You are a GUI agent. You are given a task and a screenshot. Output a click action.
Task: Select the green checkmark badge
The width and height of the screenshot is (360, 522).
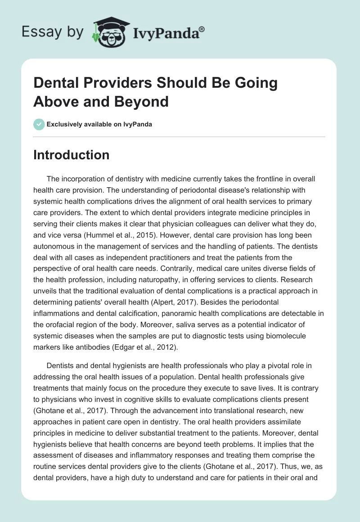(x=39, y=124)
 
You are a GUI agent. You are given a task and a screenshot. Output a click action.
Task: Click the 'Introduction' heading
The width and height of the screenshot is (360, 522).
(x=71, y=155)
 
